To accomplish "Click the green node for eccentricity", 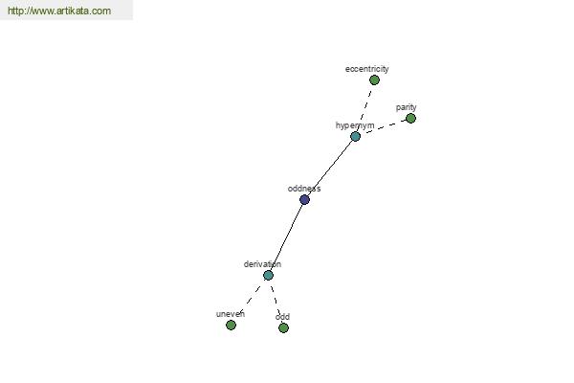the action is click(x=374, y=79).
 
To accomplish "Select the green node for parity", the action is click(x=410, y=119).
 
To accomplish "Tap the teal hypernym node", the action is click(x=355, y=136).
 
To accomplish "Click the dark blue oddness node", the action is click(x=304, y=200).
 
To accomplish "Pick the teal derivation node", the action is click(x=268, y=275).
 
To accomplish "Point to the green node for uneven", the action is click(x=231, y=326).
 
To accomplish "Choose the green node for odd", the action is click(x=283, y=327).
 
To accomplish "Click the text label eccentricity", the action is click(x=366, y=69).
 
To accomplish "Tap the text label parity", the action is click(x=406, y=107).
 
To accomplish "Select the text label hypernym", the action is click(x=355, y=125).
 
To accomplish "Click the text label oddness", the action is click(x=304, y=189).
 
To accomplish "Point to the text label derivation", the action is click(x=262, y=264).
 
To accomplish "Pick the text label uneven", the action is click(x=231, y=314).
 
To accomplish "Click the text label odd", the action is click(x=282, y=317).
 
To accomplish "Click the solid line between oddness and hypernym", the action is click(x=330, y=168).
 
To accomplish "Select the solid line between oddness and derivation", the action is click(x=286, y=237).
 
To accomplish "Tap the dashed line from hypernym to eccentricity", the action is click(x=364, y=108).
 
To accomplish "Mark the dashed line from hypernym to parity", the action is click(x=383, y=127).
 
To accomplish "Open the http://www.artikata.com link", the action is click(x=59, y=11).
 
